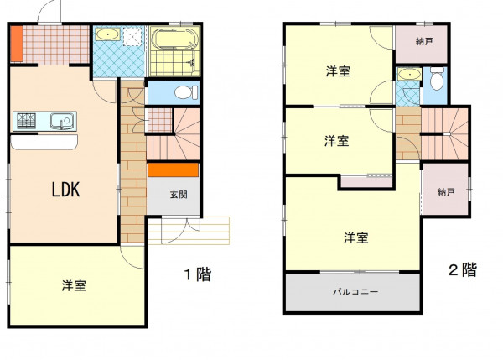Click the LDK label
click(65, 190)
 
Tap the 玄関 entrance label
click(179, 195)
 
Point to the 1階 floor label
click(198, 274)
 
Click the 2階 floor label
click(462, 270)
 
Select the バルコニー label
click(352, 293)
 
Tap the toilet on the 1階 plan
click(185, 91)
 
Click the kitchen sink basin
click(61, 121)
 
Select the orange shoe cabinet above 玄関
click(173, 170)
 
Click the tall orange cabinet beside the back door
click(16, 44)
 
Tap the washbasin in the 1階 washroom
click(106, 35)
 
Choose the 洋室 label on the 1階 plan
click(74, 285)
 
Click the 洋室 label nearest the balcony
click(355, 237)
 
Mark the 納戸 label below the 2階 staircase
click(445, 191)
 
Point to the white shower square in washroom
click(132, 36)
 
